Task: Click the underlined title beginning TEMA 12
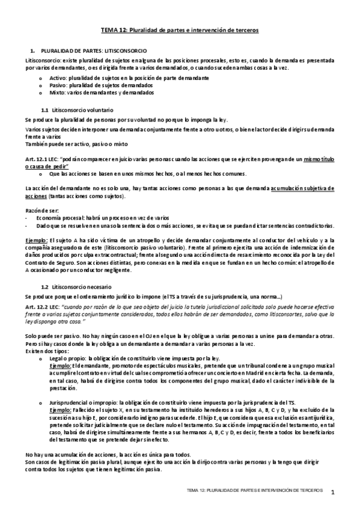[x=179, y=30]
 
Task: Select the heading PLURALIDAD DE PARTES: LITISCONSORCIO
[x=99, y=53]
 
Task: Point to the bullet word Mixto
[x=57, y=93]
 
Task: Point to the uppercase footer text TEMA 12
[x=201, y=491]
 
